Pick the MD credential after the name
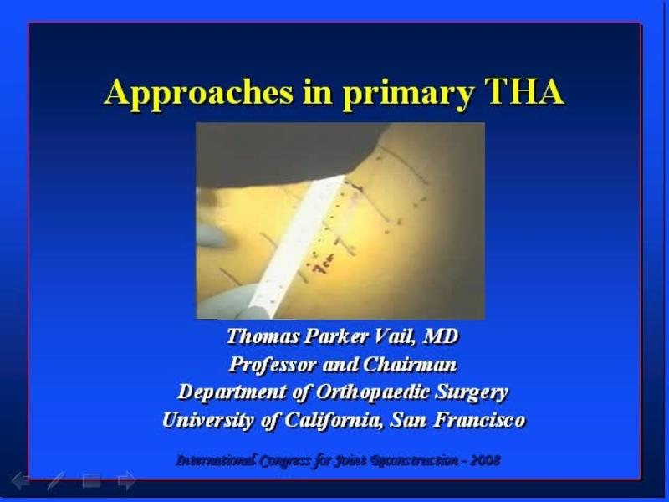click(x=442, y=337)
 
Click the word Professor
click(x=269, y=365)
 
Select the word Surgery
click(x=477, y=392)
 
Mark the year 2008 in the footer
click(x=484, y=459)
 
